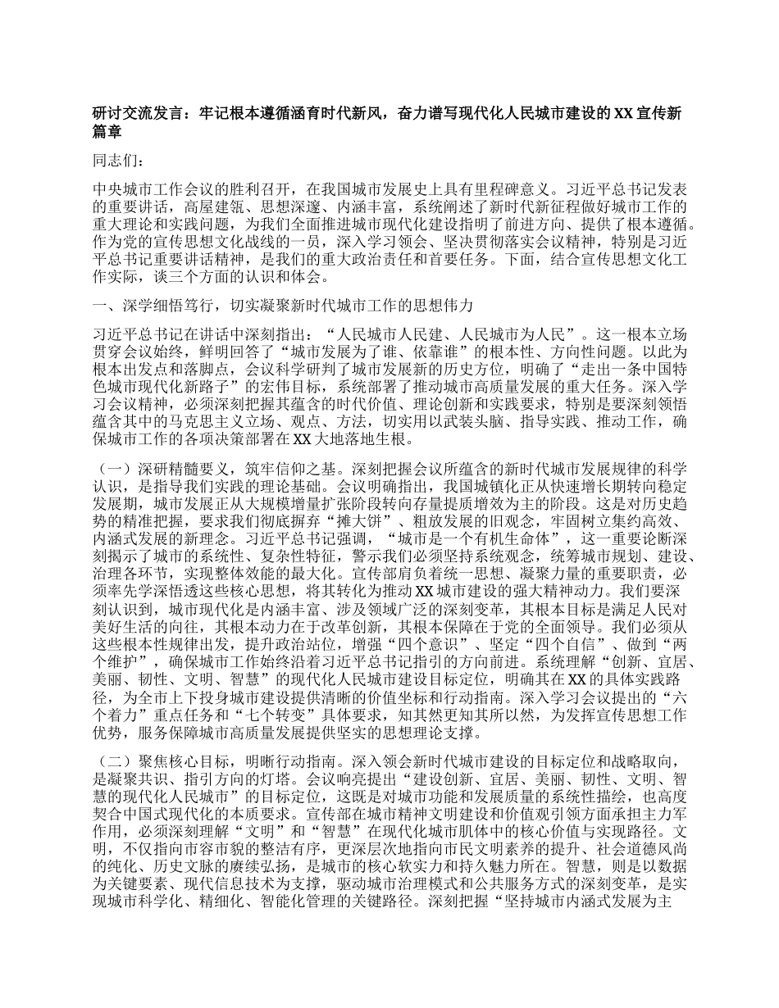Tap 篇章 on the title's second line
click(x=107, y=130)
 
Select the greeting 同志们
click(x=112, y=160)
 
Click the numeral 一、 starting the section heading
click(x=100, y=306)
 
